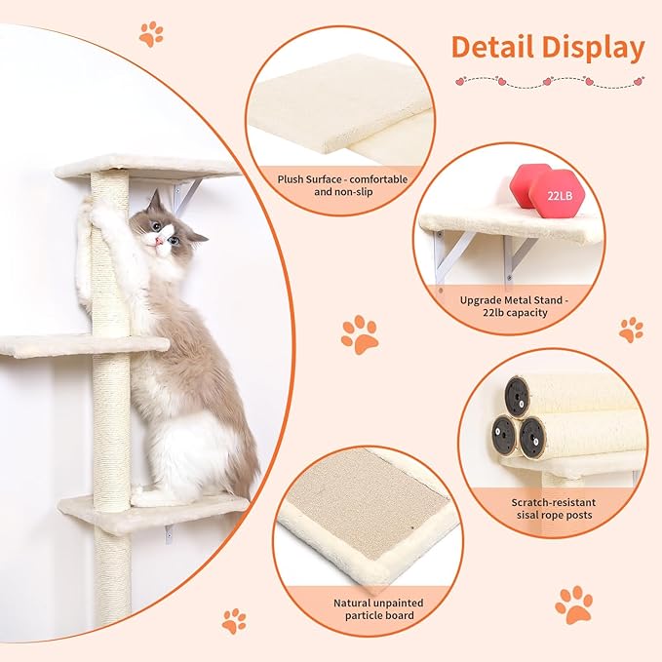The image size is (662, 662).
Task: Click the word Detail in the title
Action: click(496, 48)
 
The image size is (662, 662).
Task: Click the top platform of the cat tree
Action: click(146, 167)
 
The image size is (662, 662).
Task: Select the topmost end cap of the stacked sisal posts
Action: click(518, 395)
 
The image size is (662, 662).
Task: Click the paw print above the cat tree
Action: click(150, 34)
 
